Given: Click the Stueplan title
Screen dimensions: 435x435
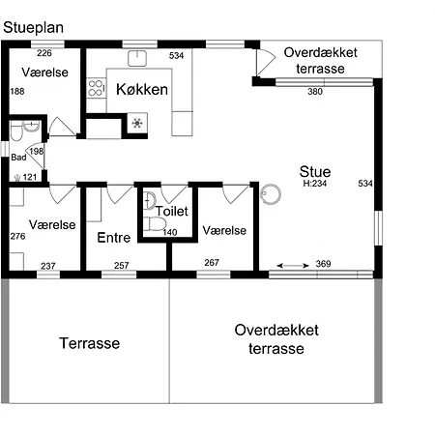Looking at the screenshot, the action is [33, 28].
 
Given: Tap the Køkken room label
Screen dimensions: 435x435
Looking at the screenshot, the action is [142, 89].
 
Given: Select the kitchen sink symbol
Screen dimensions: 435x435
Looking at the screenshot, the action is [137, 58].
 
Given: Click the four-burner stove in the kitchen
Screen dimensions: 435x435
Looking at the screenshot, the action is [96, 88].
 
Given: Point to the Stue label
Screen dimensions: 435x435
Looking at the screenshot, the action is [315, 172].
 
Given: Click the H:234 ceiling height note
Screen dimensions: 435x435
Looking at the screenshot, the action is [315, 184].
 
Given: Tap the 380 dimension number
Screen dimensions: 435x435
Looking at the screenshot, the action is [315, 92].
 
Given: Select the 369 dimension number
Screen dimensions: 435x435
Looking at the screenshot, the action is [323, 264].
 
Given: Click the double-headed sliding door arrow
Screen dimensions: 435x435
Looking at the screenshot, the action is [293, 266].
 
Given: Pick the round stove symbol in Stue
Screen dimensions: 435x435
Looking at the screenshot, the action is [271, 194].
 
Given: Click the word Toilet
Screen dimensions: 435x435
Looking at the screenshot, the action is [172, 211].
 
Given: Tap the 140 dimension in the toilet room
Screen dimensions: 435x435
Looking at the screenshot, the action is [170, 232].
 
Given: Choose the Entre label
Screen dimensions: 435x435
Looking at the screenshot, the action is [114, 238].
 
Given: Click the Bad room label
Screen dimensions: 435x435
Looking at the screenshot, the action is [18, 158].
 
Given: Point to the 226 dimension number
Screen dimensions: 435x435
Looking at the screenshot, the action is [44, 53].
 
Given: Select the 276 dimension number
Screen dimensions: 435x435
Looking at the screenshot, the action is [17, 236].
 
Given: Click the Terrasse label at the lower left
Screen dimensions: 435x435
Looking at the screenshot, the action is [90, 343].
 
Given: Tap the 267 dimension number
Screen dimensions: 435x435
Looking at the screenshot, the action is [212, 263].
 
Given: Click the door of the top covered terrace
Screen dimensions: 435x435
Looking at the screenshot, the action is [266, 62].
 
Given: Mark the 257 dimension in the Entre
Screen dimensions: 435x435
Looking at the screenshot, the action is [122, 266].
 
